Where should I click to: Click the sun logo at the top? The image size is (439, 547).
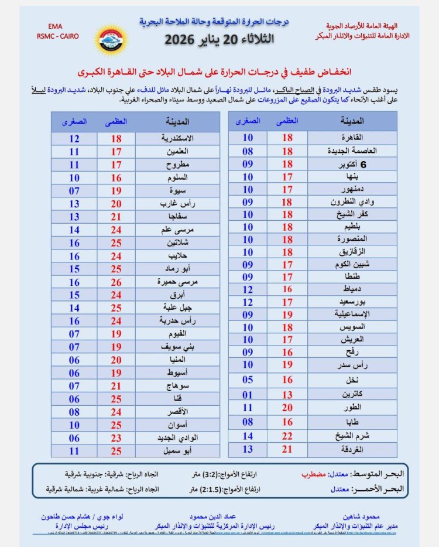[x=109, y=37]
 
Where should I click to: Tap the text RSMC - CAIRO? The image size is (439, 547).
[x=57, y=36]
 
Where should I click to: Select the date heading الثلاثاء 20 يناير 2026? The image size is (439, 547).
[x=219, y=39]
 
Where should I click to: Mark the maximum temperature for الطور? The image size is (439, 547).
[x=287, y=407]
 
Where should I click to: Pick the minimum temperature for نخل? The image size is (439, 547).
[x=248, y=380]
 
